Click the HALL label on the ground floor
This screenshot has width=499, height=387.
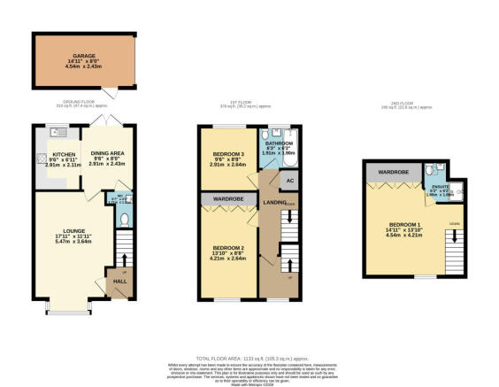118,282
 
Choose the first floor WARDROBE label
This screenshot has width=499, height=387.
228,200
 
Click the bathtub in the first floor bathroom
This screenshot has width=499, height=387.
294,150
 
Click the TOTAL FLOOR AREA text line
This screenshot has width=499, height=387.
249,354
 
